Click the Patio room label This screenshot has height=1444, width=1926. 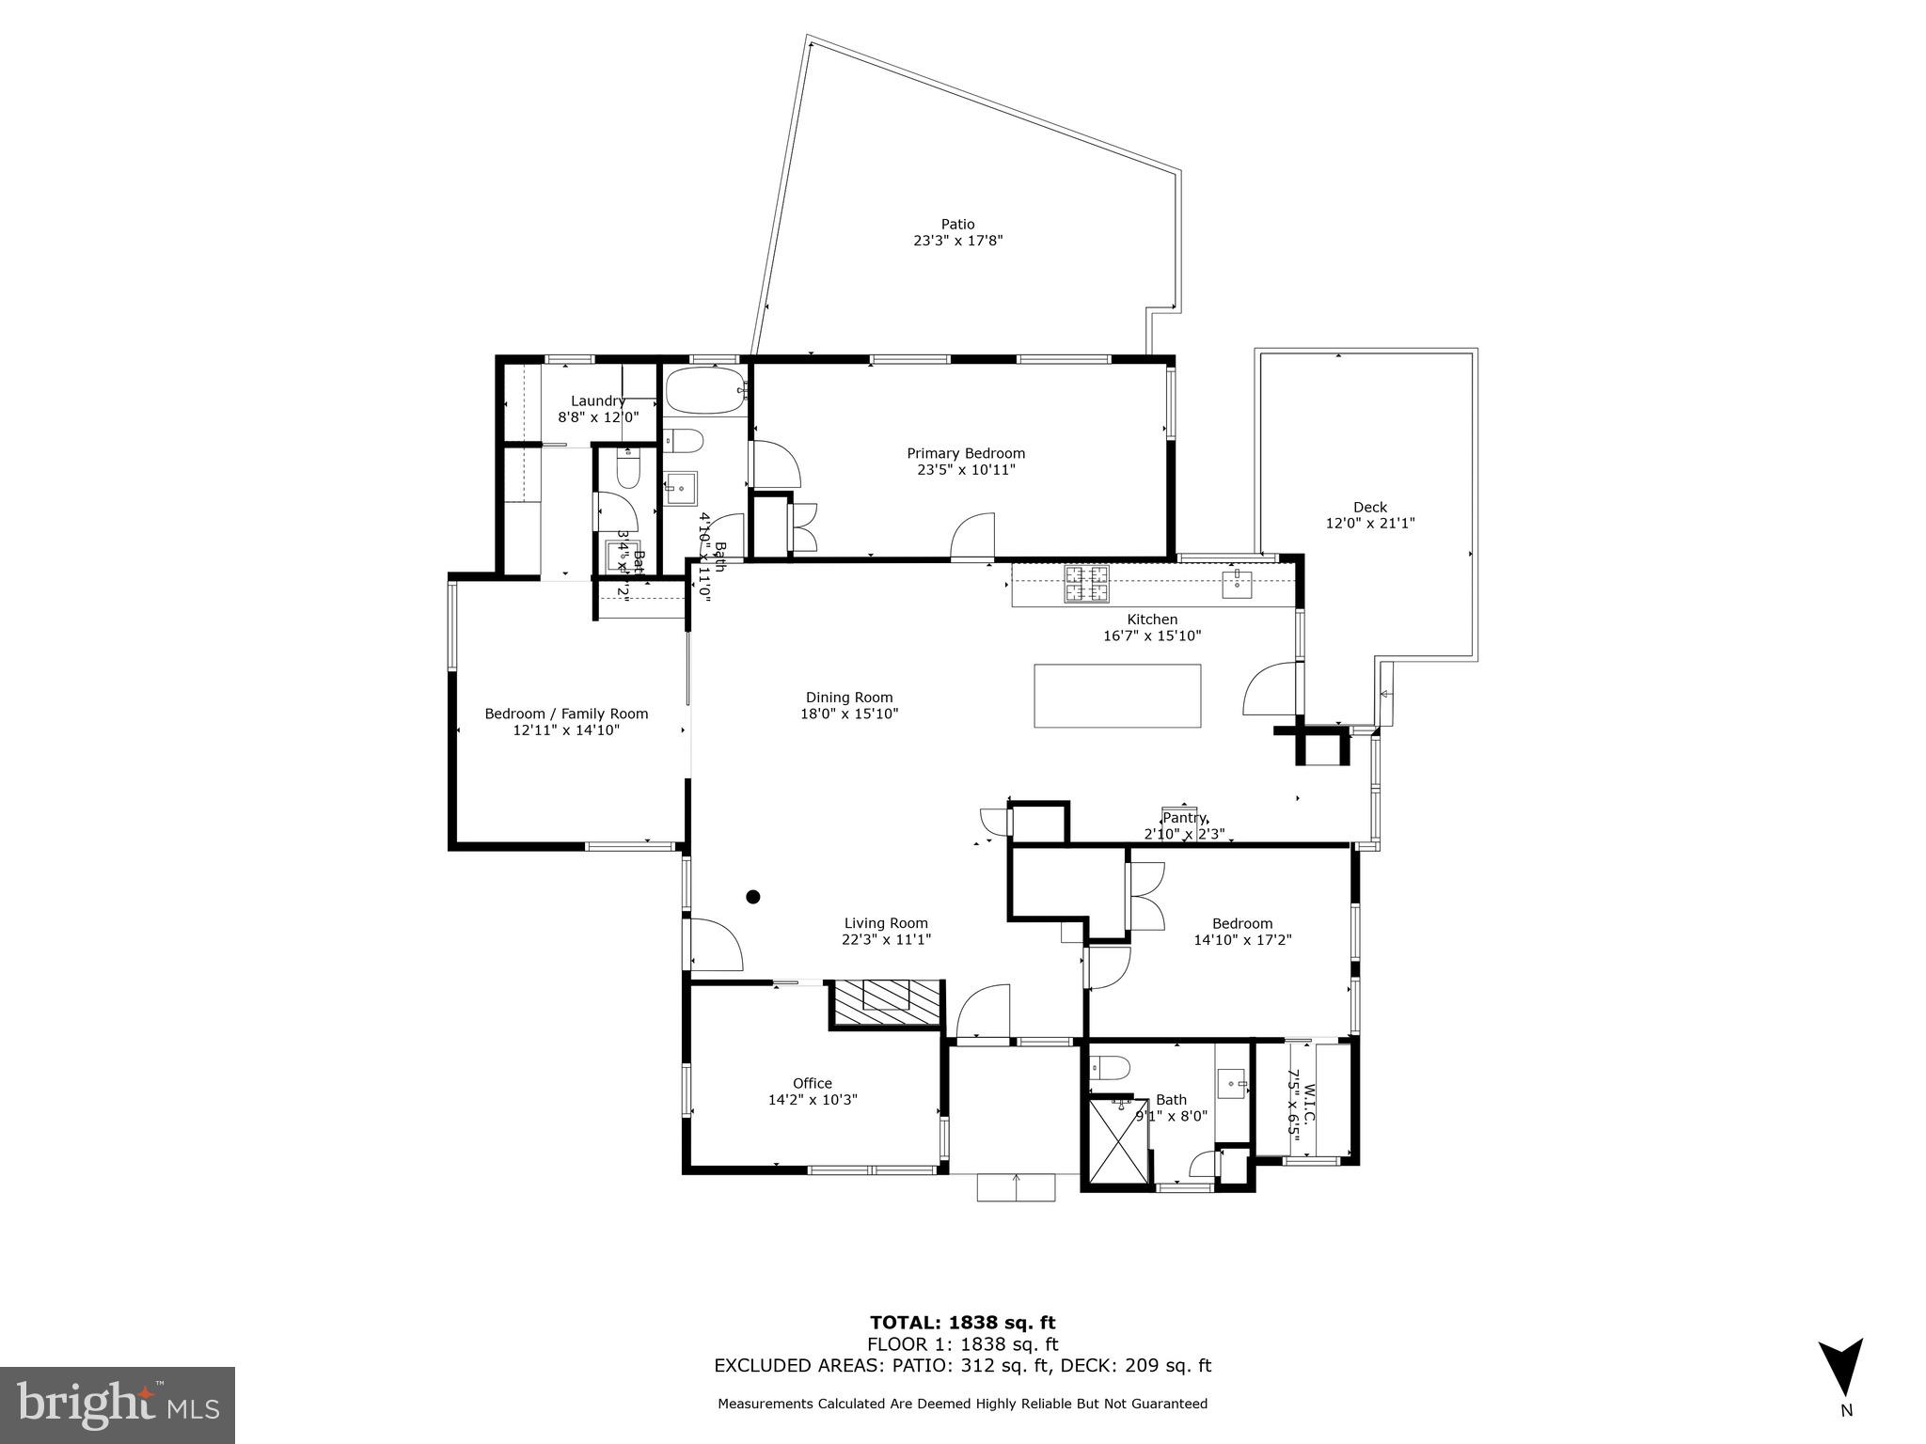(x=957, y=224)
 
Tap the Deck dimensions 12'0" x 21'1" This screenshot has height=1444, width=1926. (x=1369, y=524)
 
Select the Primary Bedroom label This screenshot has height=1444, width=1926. (x=965, y=453)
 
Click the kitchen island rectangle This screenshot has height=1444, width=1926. (x=1117, y=696)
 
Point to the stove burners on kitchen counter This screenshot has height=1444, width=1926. (x=1086, y=584)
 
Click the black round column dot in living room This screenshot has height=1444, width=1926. (x=752, y=897)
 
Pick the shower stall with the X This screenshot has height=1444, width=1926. (x=1118, y=1142)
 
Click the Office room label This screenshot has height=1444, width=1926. (x=812, y=1083)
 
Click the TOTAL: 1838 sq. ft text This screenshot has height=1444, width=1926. (x=962, y=1323)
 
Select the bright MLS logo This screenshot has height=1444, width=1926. (x=118, y=1405)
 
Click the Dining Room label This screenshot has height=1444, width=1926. (x=848, y=698)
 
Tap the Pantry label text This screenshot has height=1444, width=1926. (x=1183, y=818)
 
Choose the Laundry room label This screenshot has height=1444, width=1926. (x=597, y=400)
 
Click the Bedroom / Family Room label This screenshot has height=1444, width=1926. (x=566, y=714)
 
